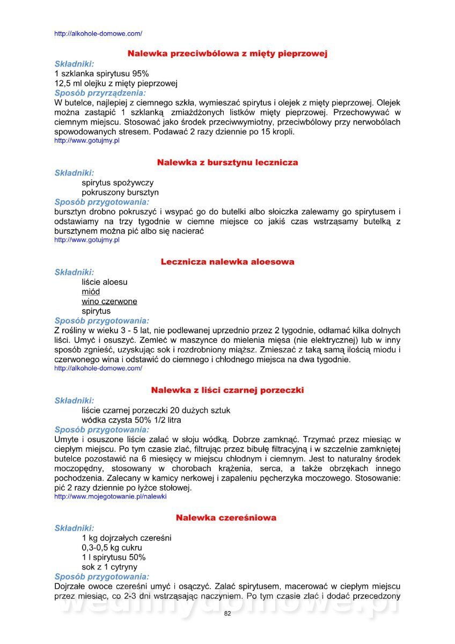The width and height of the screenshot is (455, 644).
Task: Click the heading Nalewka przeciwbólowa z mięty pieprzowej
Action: coord(227,54)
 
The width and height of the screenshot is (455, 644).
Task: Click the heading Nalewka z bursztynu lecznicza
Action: coord(227,162)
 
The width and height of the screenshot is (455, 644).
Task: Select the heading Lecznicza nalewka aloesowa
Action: coord(227,262)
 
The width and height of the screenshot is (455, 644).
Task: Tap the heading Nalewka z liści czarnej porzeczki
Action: coord(227,390)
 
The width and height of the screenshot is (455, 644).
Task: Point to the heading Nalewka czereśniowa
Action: coord(226,518)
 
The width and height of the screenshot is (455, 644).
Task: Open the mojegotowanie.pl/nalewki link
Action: coord(111,497)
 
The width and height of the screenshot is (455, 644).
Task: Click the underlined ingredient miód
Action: coord(91,292)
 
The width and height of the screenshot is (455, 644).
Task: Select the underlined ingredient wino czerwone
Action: coord(109,302)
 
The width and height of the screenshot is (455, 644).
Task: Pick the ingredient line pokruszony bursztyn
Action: coord(120,192)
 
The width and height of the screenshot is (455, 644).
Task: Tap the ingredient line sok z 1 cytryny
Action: coord(109,567)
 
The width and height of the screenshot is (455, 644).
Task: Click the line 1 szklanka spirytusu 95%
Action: coord(102,74)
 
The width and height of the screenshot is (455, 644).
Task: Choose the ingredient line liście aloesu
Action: coord(105,282)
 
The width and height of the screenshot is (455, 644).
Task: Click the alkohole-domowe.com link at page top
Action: coord(98,34)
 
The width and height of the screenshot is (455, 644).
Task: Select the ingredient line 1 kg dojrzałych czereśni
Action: coord(127,538)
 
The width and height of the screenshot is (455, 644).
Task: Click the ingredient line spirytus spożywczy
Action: coord(118,182)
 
